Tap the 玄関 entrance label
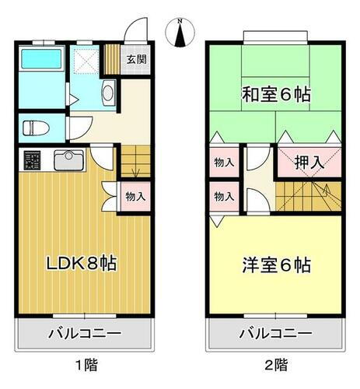(136, 59)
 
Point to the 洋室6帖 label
(277, 265)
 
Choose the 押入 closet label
(309, 163)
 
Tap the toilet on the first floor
(36, 127)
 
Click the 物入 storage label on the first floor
(135, 196)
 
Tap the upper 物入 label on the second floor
(223, 163)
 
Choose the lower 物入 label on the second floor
(223, 195)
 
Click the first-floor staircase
(132, 161)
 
